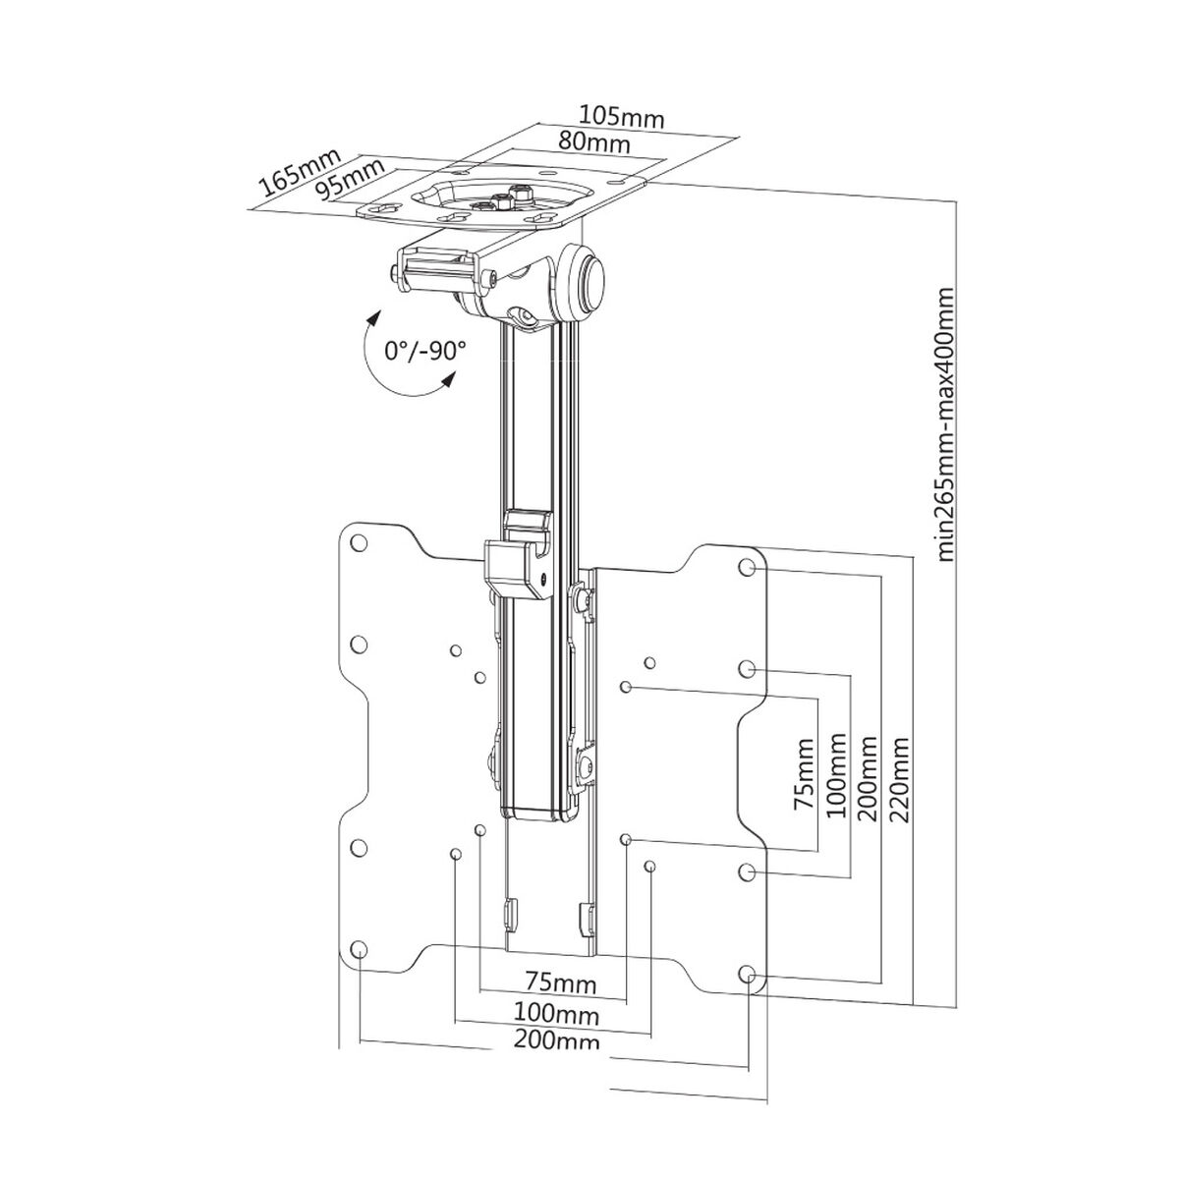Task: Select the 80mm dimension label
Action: click(594, 141)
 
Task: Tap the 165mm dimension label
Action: click(298, 173)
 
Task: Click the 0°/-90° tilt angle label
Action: click(425, 351)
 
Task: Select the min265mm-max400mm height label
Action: click(945, 423)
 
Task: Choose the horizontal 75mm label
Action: click(552, 982)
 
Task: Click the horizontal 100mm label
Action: click(555, 1012)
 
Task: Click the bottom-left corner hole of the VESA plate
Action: click(359, 949)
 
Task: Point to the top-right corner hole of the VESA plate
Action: click(748, 567)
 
